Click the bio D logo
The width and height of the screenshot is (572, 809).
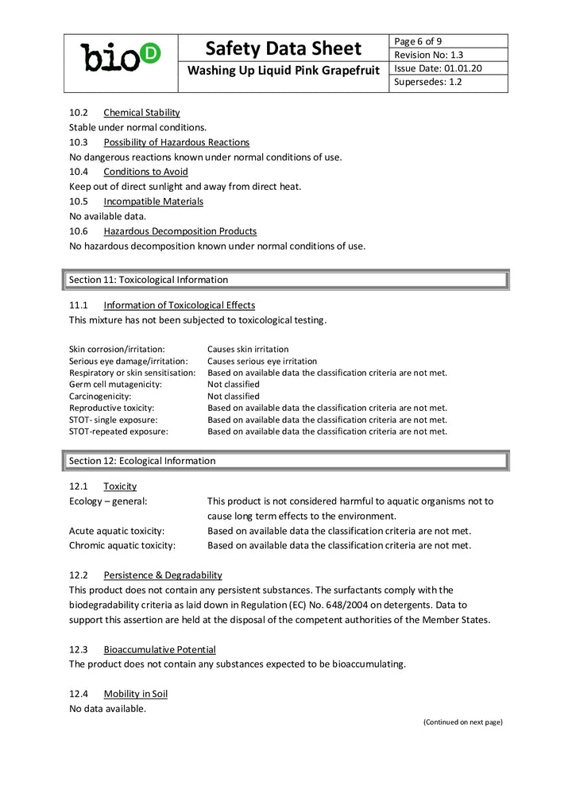click(x=121, y=56)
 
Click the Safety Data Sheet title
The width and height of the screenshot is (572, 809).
click(x=283, y=48)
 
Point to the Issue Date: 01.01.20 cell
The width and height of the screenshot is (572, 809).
click(x=438, y=68)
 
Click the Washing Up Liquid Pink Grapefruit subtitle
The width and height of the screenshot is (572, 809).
click(x=284, y=72)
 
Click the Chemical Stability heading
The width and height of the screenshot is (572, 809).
click(x=141, y=113)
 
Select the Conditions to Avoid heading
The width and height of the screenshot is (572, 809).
click(x=145, y=172)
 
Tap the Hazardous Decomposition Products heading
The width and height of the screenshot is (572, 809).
click(x=180, y=231)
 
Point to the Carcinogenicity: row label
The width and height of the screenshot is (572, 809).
click(x=100, y=396)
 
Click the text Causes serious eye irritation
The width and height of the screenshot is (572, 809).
click(x=262, y=361)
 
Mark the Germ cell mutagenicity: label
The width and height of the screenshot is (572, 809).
click(x=115, y=384)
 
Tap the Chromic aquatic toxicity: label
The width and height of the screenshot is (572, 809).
click(x=122, y=546)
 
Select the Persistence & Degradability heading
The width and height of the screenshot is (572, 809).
click(x=162, y=575)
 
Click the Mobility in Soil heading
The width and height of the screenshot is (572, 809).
click(x=135, y=694)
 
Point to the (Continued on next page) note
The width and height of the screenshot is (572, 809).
click(x=462, y=722)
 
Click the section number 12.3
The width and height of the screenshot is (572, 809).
click(x=78, y=649)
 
